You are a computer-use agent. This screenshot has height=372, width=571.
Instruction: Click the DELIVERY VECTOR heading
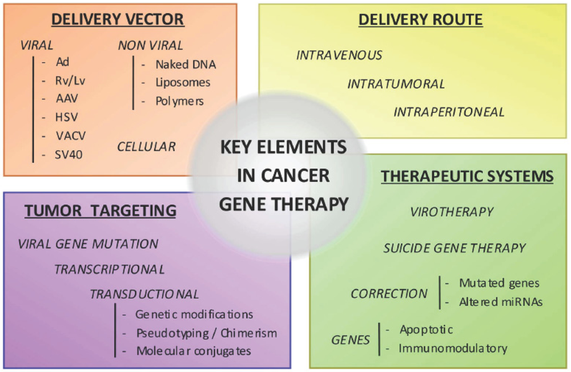118,19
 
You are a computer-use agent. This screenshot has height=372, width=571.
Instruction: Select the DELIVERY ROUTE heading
420,21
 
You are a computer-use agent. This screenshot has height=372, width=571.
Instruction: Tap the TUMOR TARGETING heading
100,211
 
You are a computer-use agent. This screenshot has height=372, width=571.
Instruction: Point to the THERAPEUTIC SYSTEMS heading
467,176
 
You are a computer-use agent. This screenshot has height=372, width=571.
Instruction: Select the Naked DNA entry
186,64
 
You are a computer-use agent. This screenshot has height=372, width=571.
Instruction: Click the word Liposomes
183,83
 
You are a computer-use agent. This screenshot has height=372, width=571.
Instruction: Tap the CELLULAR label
146,147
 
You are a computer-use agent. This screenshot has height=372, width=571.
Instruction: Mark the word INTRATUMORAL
396,84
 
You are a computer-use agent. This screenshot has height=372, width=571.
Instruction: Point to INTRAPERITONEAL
449,112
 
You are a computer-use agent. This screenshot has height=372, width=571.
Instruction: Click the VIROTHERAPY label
452,212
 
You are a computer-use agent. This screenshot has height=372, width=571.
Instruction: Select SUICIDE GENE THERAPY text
454,248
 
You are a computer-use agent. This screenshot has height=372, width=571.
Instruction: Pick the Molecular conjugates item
194,351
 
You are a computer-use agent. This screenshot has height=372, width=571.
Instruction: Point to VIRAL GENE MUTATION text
88,244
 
